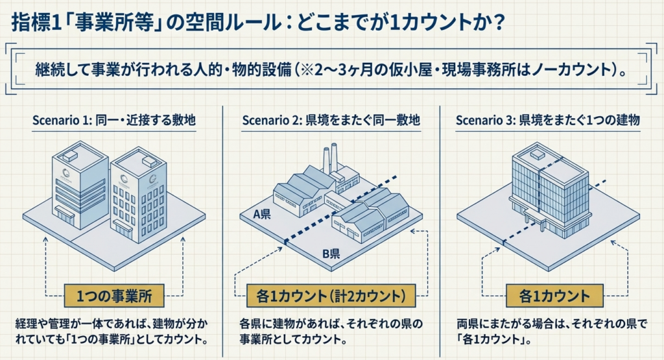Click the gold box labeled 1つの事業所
(113, 296)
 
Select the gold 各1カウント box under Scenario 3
(555, 296)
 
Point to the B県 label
(331, 254)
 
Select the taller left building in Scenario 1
(79, 185)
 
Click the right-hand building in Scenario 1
(137, 195)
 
